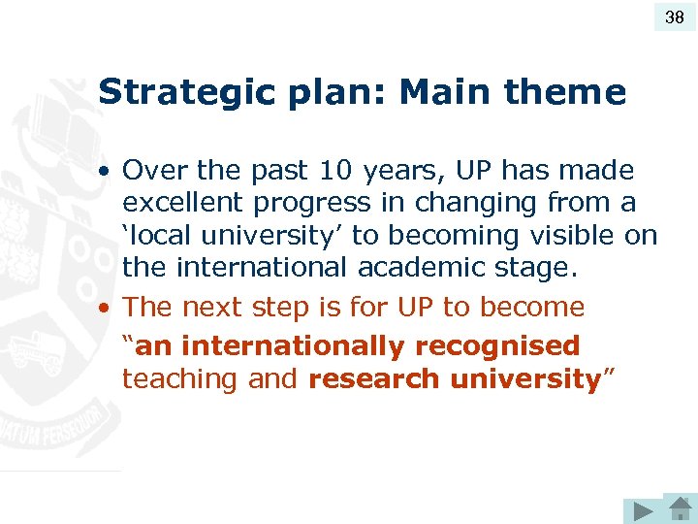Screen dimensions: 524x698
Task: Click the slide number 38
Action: (x=675, y=16)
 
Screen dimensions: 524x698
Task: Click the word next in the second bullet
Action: (x=214, y=308)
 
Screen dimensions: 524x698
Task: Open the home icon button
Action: (x=679, y=508)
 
